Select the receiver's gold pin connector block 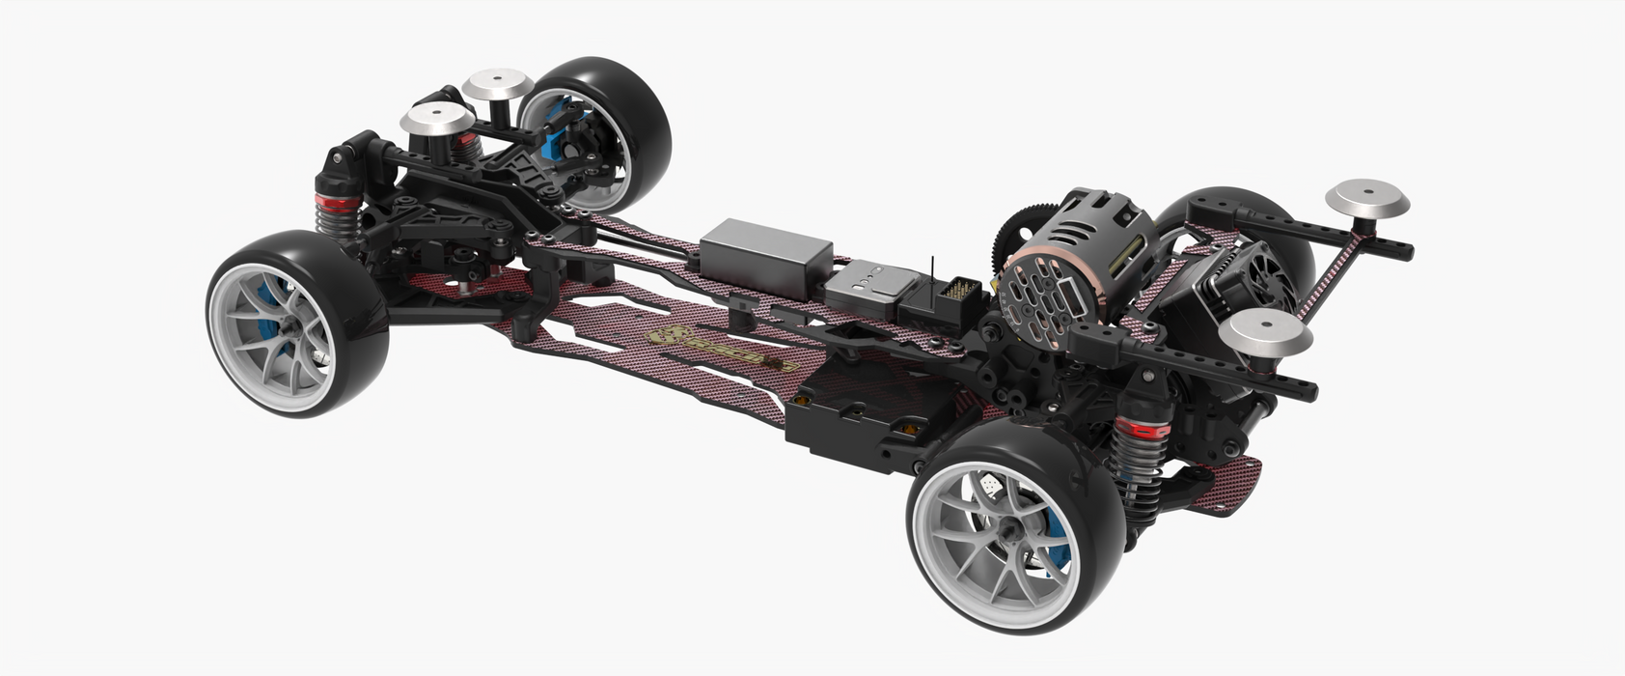coord(961,289)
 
